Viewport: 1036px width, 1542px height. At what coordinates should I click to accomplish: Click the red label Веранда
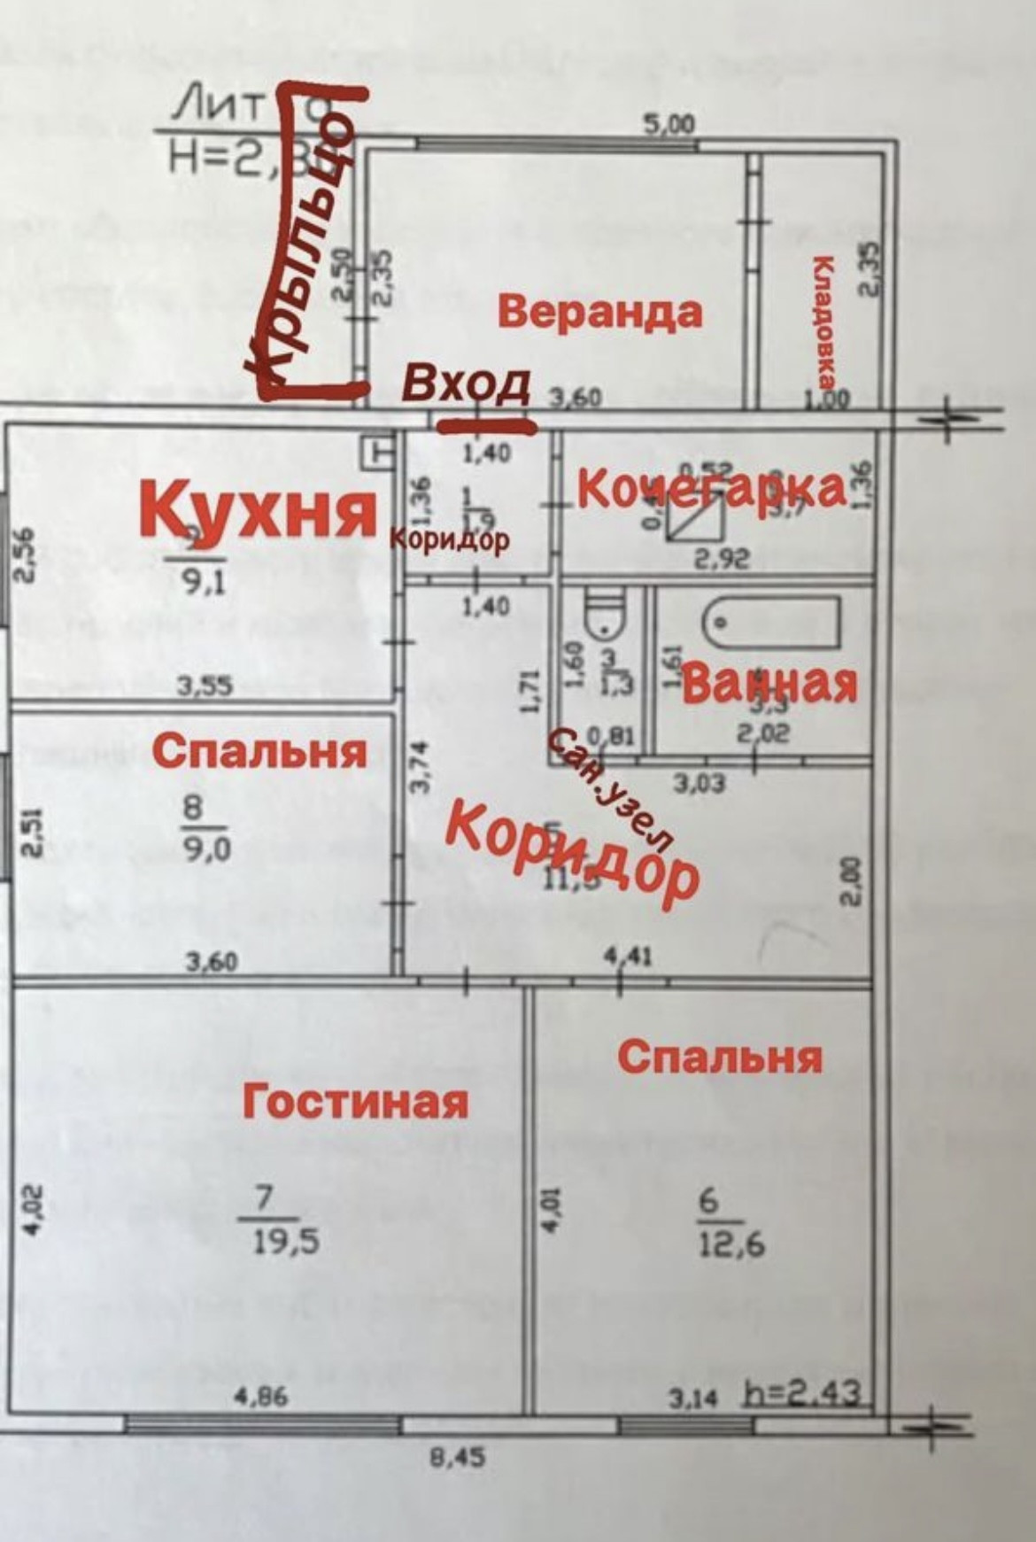tap(600, 313)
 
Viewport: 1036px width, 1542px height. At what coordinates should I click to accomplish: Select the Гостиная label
tap(355, 1102)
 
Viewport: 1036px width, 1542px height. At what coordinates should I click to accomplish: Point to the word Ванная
tap(770, 684)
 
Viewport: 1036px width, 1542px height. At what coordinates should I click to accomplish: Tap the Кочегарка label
tap(711, 490)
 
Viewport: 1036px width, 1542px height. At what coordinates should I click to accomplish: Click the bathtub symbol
tap(771, 623)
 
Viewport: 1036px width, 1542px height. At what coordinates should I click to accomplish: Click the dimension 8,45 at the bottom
tap(458, 1456)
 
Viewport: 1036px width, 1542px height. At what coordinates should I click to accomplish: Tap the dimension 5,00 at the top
tap(669, 125)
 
